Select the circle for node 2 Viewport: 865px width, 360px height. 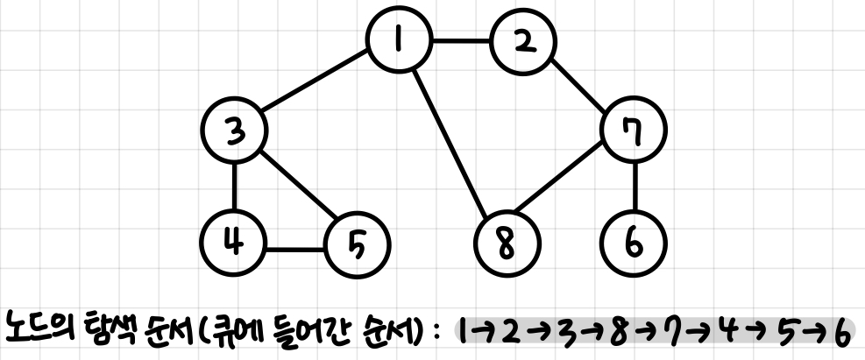pos(523,44)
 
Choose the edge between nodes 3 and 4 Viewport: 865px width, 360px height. pos(234,186)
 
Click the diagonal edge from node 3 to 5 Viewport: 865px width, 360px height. pos(295,186)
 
